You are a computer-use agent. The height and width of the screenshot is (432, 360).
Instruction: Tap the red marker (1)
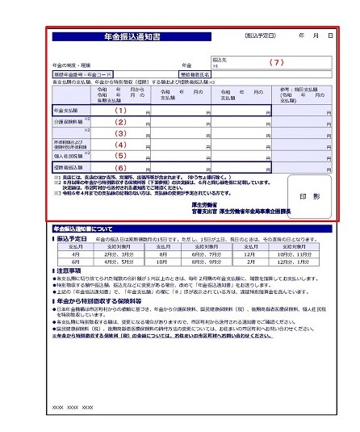pyautogui.click(x=121, y=110)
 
